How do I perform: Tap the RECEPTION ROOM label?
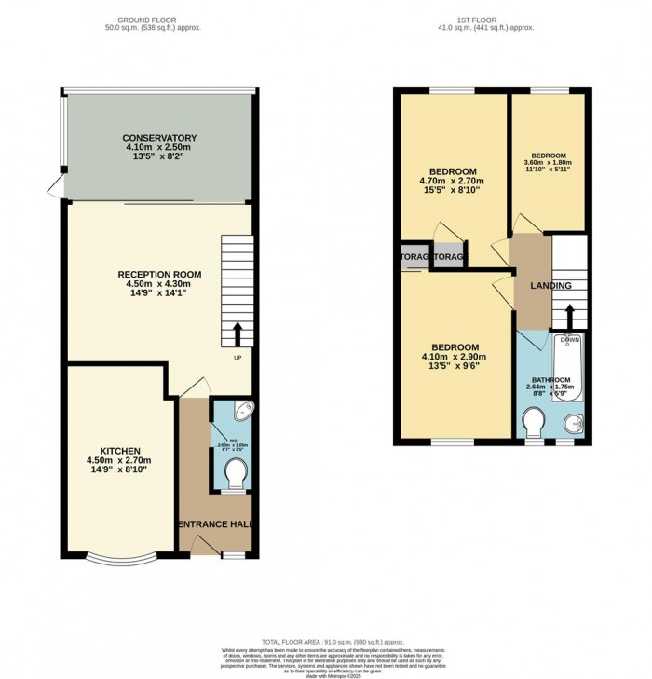(x=160, y=274)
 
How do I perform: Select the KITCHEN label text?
(x=118, y=449)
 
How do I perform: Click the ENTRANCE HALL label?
(x=215, y=525)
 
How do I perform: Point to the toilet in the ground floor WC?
(x=235, y=477)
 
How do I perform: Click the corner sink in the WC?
(x=243, y=410)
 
